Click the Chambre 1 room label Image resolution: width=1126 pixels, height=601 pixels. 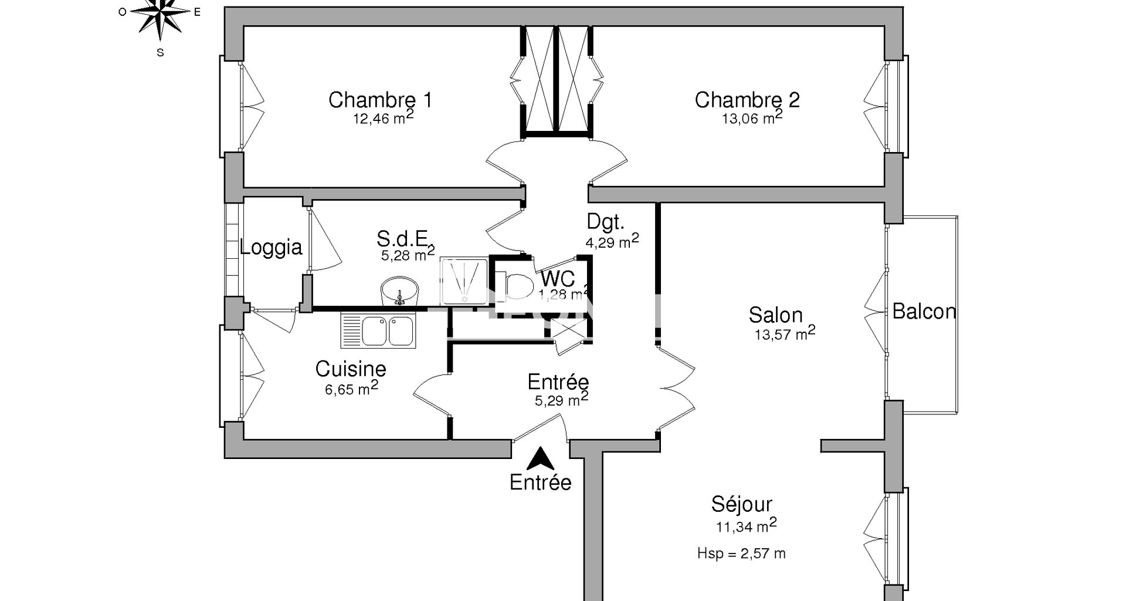[380, 100]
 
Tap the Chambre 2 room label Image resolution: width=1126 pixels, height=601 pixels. [747, 100]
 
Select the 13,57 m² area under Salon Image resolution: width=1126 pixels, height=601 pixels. [785, 333]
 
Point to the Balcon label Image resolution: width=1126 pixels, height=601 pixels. [924, 311]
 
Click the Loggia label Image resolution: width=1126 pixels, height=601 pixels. [271, 247]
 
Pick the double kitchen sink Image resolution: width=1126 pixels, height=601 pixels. [378, 329]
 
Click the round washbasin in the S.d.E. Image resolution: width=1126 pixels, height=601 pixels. [400, 291]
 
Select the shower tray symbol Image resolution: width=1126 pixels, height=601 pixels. [464, 281]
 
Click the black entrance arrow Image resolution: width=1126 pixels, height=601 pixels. [540, 458]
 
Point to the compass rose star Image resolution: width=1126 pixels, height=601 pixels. [160, 13]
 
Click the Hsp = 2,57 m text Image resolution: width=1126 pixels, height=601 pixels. [741, 553]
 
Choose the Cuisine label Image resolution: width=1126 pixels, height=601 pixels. [351, 369]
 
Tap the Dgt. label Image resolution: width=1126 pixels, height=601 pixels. [606, 221]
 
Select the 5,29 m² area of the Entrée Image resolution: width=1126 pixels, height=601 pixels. [561, 400]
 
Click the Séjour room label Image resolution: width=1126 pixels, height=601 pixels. [741, 504]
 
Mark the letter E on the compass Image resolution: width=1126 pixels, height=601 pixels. [198, 12]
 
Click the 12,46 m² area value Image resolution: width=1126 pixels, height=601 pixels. [383, 117]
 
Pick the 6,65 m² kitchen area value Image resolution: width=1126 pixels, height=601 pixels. [351, 388]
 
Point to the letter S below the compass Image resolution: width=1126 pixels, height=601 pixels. [160, 52]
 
